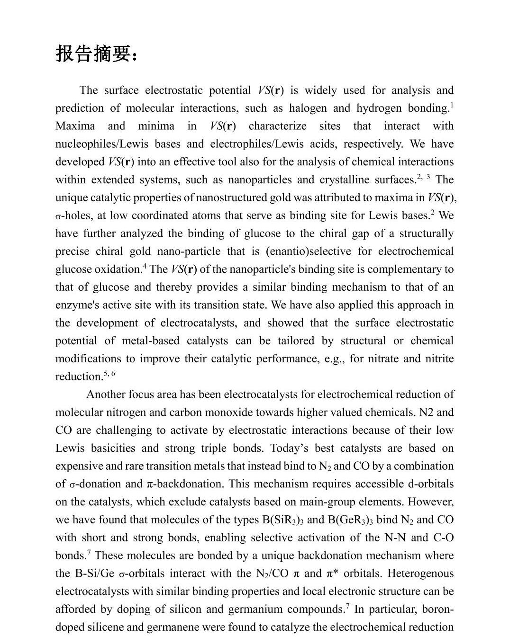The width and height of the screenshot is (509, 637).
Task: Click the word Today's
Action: [291, 449]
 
